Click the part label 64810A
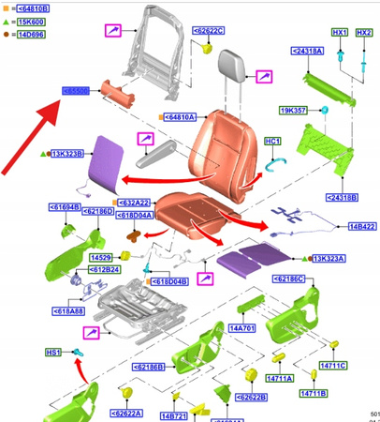point(180,117)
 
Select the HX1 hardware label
point(339,33)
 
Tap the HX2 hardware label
point(365,33)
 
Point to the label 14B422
point(361,227)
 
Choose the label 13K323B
point(67,153)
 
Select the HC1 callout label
point(272,141)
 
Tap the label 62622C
point(210,31)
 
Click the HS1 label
point(54,352)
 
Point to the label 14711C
point(333,365)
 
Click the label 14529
point(101,256)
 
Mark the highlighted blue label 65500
point(75,91)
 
